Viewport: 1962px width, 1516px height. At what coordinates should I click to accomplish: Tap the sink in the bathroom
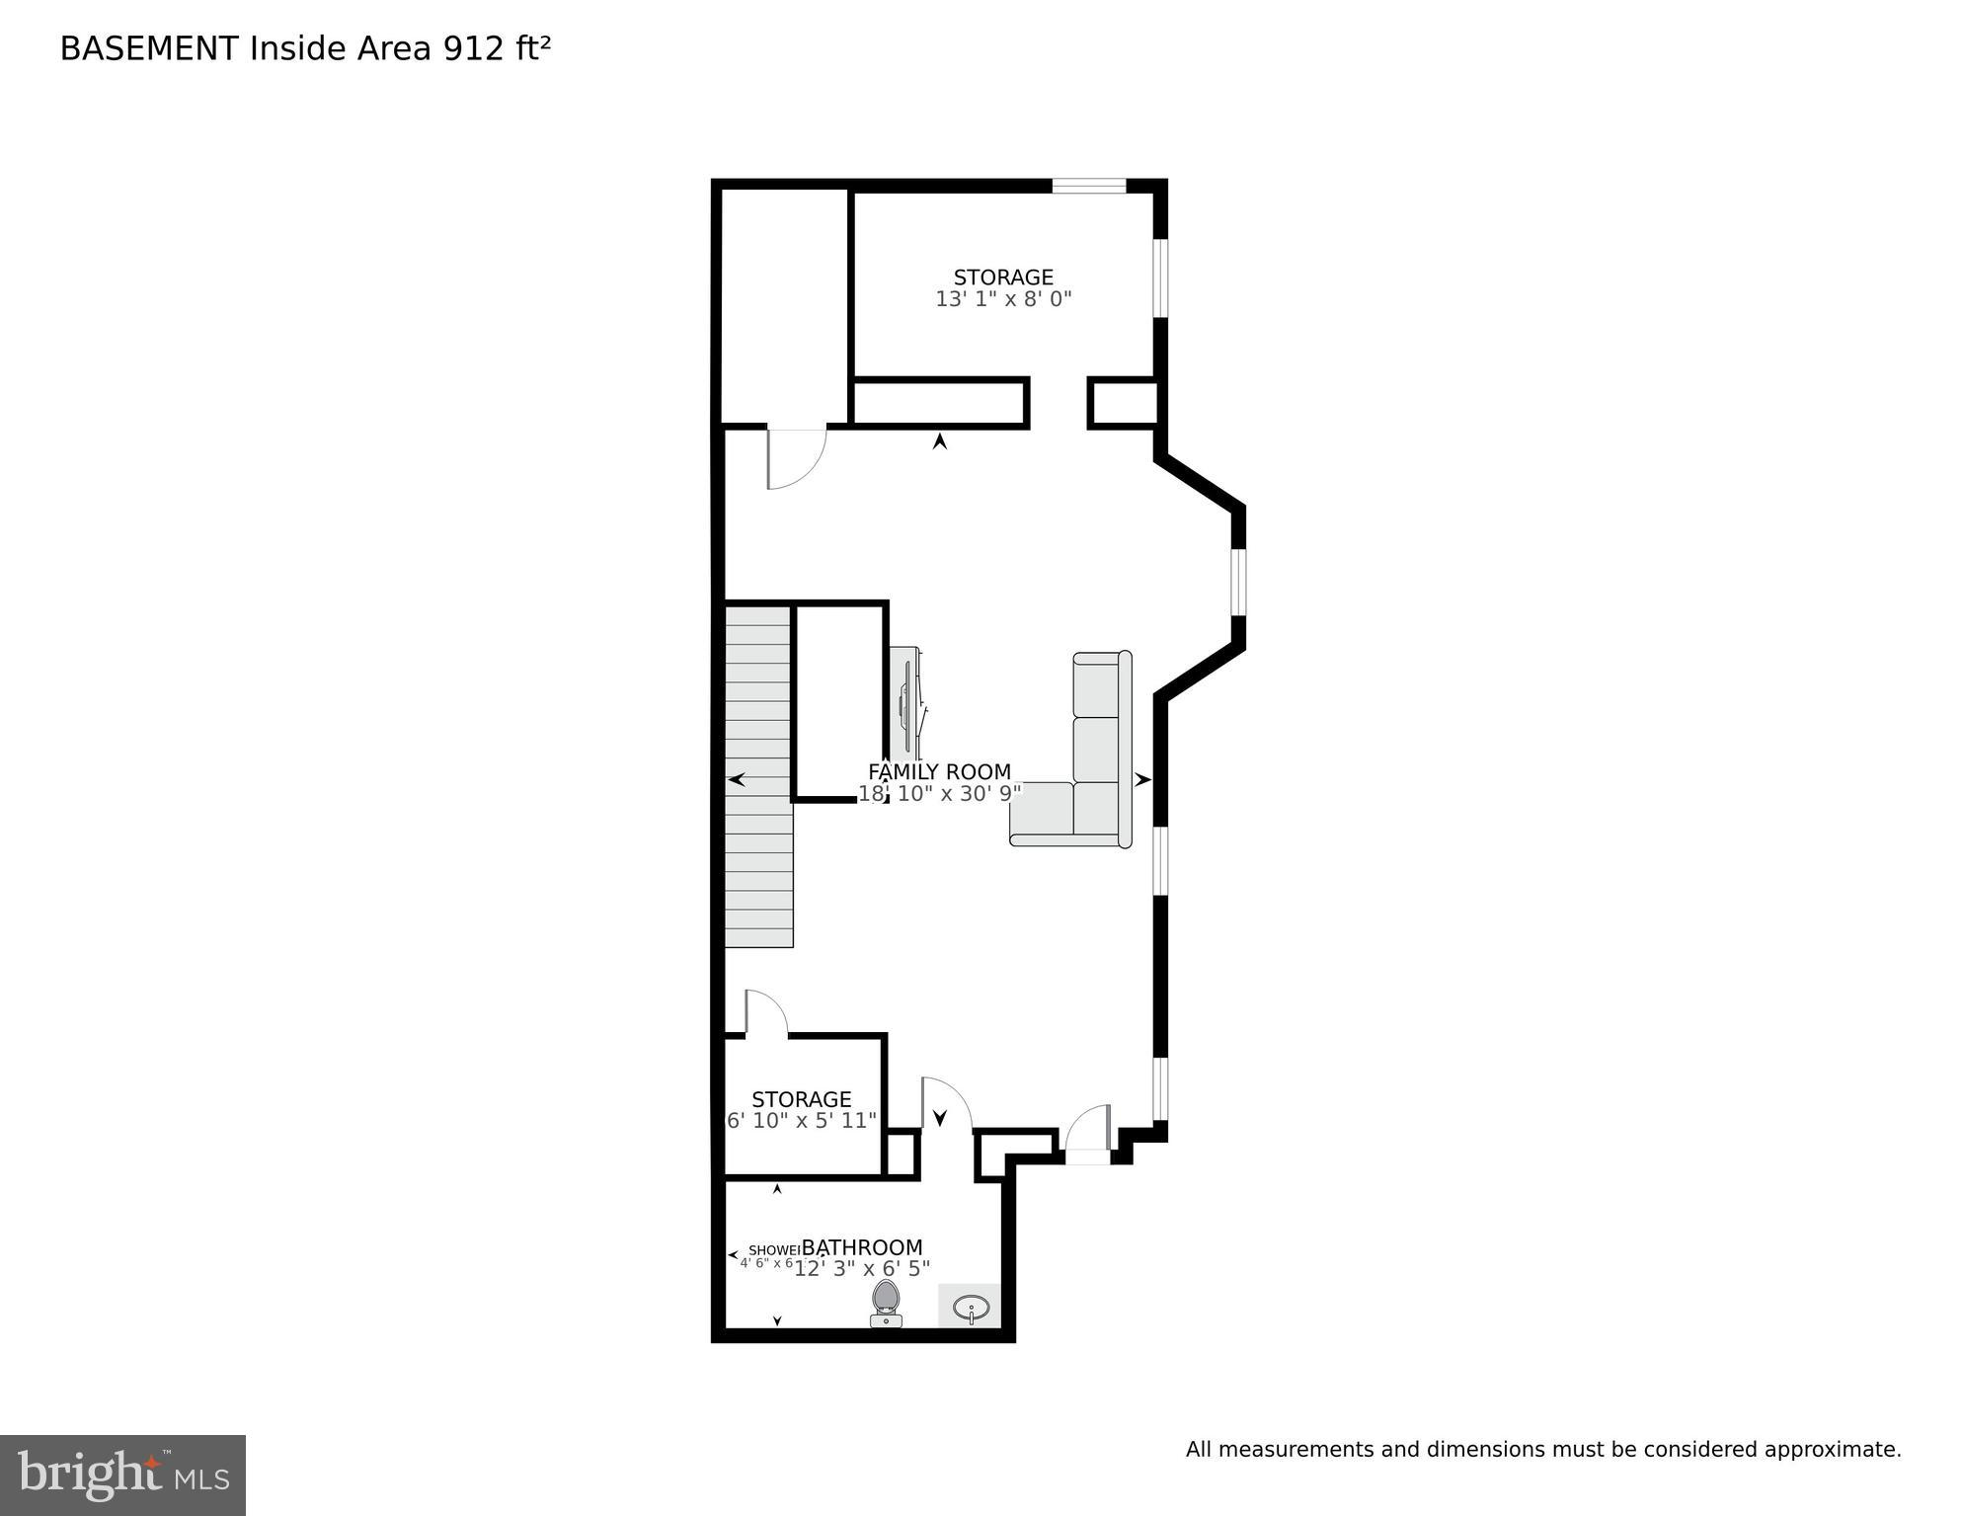click(971, 1309)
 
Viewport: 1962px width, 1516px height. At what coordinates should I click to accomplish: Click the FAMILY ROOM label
click(939, 771)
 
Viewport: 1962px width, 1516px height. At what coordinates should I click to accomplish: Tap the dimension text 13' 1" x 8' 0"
click(1002, 299)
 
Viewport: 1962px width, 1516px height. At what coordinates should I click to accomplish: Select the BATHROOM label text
click(861, 1247)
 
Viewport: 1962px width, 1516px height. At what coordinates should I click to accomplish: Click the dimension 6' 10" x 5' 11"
click(801, 1121)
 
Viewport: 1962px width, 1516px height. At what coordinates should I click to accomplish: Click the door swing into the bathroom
click(944, 1103)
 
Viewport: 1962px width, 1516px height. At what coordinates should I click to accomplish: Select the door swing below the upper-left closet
click(795, 458)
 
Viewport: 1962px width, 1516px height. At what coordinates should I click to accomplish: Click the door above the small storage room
click(764, 1013)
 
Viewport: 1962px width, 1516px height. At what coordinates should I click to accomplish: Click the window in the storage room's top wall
click(1088, 186)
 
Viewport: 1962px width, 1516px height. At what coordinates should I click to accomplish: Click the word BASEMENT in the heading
click(149, 48)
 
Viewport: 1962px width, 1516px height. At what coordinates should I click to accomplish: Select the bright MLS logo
click(122, 1475)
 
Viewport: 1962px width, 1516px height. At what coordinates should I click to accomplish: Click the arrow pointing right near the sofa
click(1142, 779)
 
